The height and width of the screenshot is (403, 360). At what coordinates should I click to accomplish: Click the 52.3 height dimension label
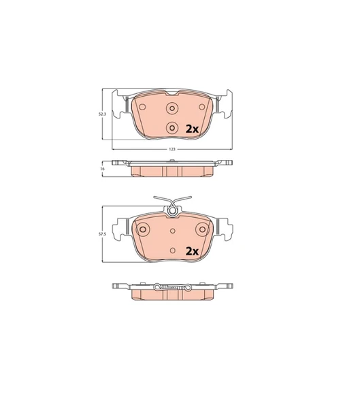click(102, 114)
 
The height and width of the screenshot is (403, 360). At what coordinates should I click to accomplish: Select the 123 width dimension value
click(172, 149)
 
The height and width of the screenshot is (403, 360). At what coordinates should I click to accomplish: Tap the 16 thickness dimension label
click(103, 169)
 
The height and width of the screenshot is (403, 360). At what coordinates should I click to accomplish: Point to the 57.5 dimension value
click(102, 234)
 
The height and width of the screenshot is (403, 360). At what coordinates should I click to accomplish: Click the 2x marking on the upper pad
click(192, 129)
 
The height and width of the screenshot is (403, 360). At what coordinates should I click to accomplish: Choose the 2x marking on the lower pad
click(192, 251)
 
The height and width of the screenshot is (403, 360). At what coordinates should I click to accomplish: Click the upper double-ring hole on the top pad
click(172, 108)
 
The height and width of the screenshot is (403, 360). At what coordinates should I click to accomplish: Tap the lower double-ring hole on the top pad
click(172, 128)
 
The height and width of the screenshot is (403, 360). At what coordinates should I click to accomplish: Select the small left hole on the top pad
click(142, 107)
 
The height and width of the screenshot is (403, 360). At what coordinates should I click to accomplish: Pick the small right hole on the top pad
click(202, 107)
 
